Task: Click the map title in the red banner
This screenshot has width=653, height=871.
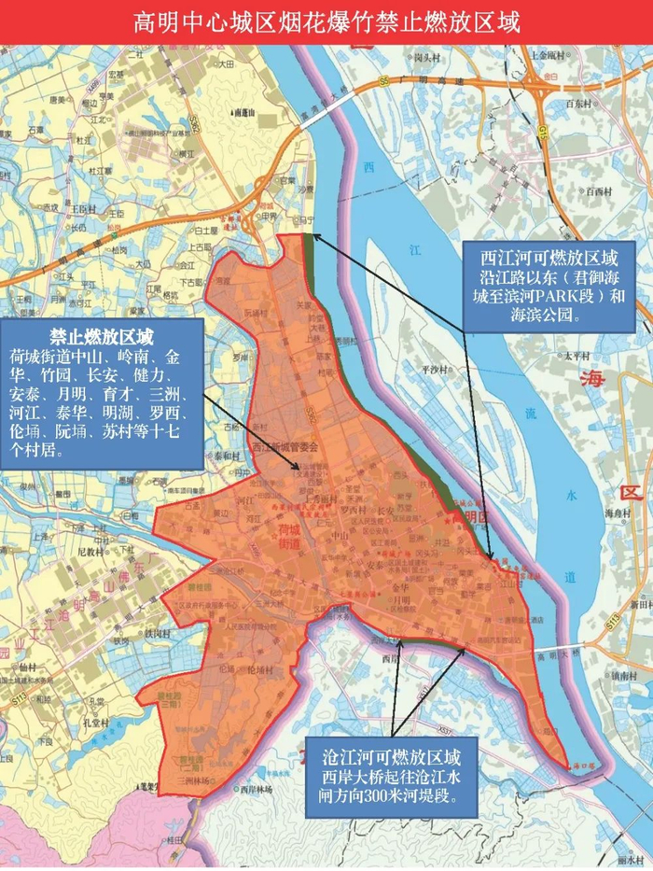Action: [x=326, y=21]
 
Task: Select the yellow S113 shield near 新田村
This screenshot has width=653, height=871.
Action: [x=612, y=620]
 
